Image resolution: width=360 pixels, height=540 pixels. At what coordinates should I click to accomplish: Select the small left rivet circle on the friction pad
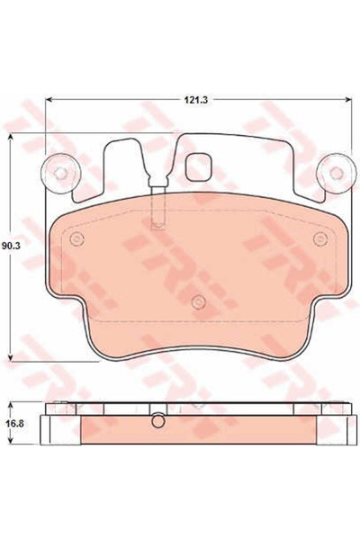[x=76, y=238]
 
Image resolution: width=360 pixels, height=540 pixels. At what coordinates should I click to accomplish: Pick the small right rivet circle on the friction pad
[x=316, y=238]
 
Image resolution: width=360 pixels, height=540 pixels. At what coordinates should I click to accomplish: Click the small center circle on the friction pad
[x=196, y=301]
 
